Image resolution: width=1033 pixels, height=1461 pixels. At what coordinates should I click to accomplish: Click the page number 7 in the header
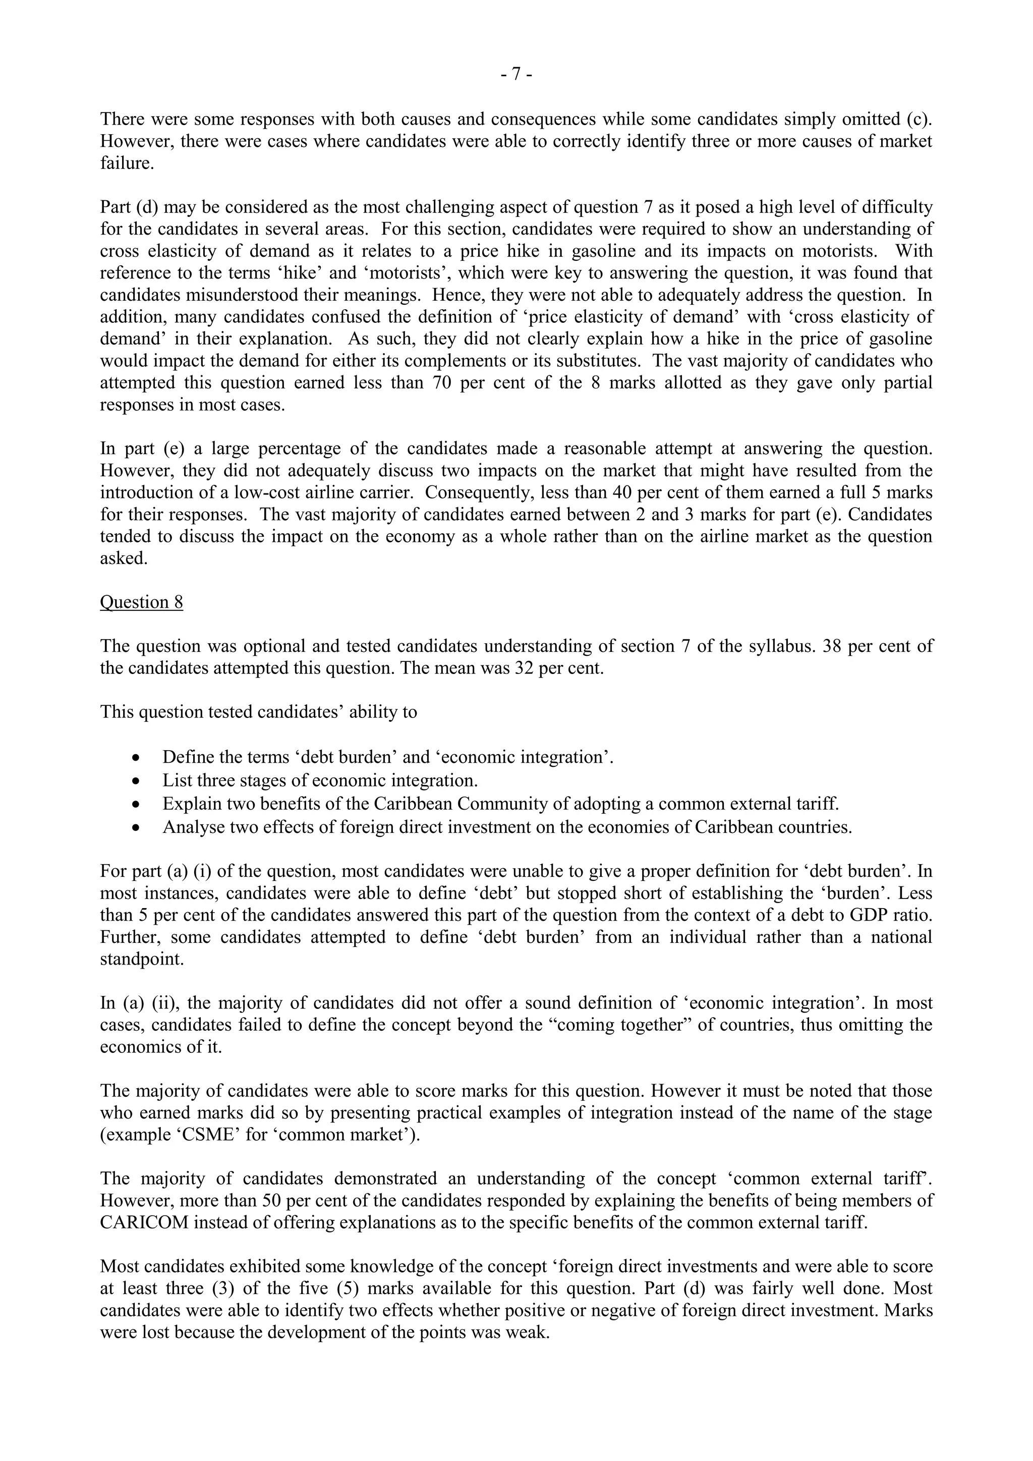(516, 75)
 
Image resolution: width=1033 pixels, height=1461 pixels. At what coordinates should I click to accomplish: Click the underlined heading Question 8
(141, 602)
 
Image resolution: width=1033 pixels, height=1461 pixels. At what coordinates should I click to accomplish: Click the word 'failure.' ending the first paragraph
(127, 163)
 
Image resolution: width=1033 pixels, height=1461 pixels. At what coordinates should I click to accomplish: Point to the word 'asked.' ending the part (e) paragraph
(124, 558)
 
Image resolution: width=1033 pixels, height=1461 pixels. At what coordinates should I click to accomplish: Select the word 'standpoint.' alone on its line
(141, 959)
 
